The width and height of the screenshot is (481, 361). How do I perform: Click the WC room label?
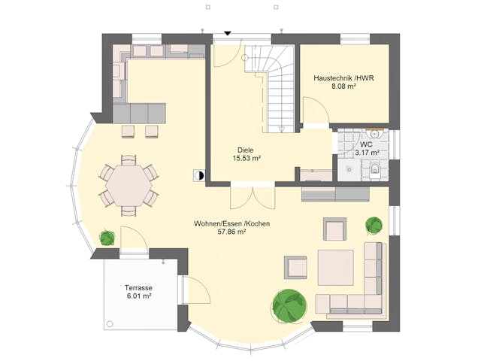[366, 144]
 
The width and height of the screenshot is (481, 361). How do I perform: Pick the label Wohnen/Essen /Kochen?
[231, 223]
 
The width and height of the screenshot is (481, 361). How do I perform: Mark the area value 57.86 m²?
[231, 233]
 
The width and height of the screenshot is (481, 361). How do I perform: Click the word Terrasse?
[138, 287]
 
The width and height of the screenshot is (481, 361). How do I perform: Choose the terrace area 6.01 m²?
[138, 297]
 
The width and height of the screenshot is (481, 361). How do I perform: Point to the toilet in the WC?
[374, 171]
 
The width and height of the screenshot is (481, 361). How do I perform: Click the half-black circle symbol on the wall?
[198, 175]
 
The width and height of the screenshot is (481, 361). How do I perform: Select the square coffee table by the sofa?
[335, 267]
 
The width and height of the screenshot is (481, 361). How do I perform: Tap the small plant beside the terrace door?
[107, 238]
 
